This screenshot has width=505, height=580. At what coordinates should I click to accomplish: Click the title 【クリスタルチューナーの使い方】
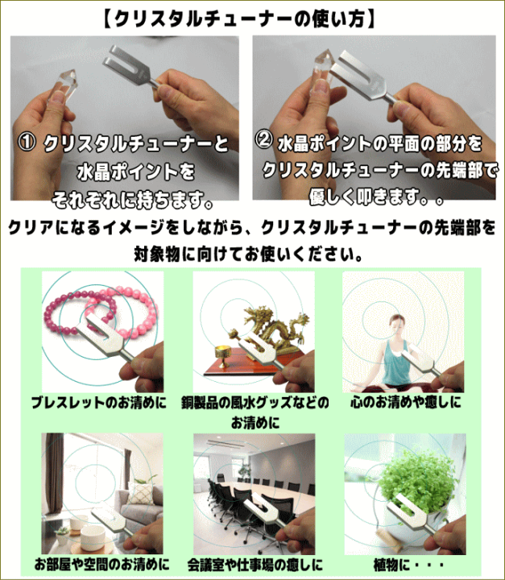click(238, 19)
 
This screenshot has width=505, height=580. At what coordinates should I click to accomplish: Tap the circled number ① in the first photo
click(27, 143)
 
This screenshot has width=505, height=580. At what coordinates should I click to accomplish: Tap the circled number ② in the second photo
click(264, 140)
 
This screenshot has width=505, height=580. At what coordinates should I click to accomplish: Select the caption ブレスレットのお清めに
click(99, 403)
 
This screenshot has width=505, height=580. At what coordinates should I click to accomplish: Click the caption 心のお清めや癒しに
click(406, 402)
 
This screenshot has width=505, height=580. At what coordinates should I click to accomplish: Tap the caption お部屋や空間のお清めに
click(101, 565)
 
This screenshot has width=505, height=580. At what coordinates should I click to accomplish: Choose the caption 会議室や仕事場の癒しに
click(255, 565)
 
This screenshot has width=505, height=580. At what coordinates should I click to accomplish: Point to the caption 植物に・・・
click(408, 565)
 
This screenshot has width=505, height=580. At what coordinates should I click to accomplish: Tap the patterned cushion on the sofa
click(141, 493)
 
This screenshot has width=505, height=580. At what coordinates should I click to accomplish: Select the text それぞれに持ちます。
click(132, 200)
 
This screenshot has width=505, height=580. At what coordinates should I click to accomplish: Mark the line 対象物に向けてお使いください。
click(248, 254)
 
